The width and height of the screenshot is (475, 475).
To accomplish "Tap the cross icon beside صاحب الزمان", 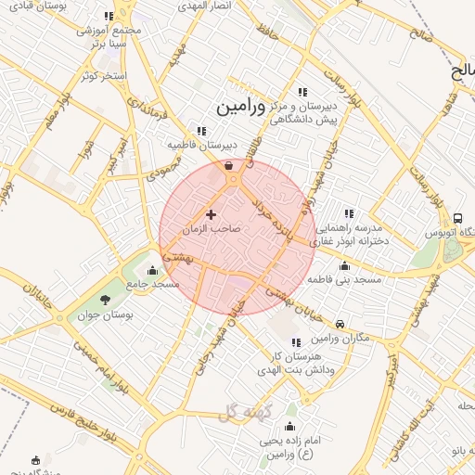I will [x=211, y=214].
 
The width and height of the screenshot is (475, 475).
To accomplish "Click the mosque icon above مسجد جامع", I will [x=153, y=271].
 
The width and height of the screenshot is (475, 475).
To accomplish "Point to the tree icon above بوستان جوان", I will [x=104, y=300].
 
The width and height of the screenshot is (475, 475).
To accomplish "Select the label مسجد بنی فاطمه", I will [x=345, y=278].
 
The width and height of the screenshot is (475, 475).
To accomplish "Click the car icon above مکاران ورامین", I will [x=341, y=324].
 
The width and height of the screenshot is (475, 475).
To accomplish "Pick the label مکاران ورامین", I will [x=342, y=337].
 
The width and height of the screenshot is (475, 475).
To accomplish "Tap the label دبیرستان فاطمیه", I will [x=202, y=146].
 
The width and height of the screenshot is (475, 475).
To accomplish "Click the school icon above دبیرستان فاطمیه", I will [x=201, y=132].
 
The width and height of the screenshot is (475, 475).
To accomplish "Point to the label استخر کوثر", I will [x=103, y=74].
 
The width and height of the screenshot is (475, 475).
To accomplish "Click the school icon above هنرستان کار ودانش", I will [x=295, y=342].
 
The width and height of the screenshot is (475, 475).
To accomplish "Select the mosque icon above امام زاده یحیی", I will [x=289, y=427].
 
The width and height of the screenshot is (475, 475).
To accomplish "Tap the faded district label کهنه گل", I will [x=243, y=413].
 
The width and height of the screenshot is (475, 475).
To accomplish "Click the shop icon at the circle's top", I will [x=229, y=165].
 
